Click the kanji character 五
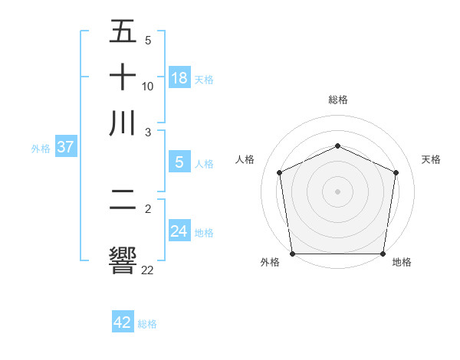coord(123,33)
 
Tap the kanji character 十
coord(123,77)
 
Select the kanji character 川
coord(123,123)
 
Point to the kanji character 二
coord(123,208)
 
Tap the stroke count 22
coord(147,270)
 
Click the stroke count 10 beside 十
coord(148,86)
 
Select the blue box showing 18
coord(179,77)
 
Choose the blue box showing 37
coord(65,147)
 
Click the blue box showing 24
coord(179,231)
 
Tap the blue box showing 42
coord(123,322)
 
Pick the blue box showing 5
coord(179,162)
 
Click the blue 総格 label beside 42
coord(147,324)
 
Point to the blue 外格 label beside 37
coord(41,149)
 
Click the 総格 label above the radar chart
coord(338,100)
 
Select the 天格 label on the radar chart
coord(431,159)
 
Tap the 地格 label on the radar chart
coord(402,263)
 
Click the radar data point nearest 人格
coord(279,172)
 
